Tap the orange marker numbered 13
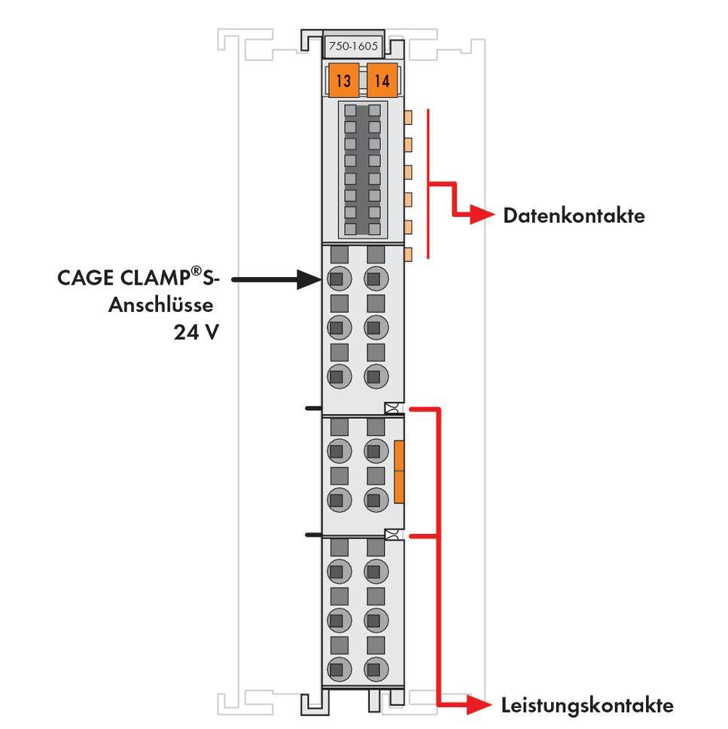(343, 81)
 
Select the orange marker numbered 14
(382, 81)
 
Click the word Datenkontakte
(574, 216)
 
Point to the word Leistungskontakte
(587, 706)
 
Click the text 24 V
(196, 332)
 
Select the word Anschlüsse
(162, 305)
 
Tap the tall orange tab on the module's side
(399, 472)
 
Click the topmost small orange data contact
(409, 117)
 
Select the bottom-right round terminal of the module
(376, 668)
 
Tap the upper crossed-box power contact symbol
(391, 408)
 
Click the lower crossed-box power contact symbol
(391, 535)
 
